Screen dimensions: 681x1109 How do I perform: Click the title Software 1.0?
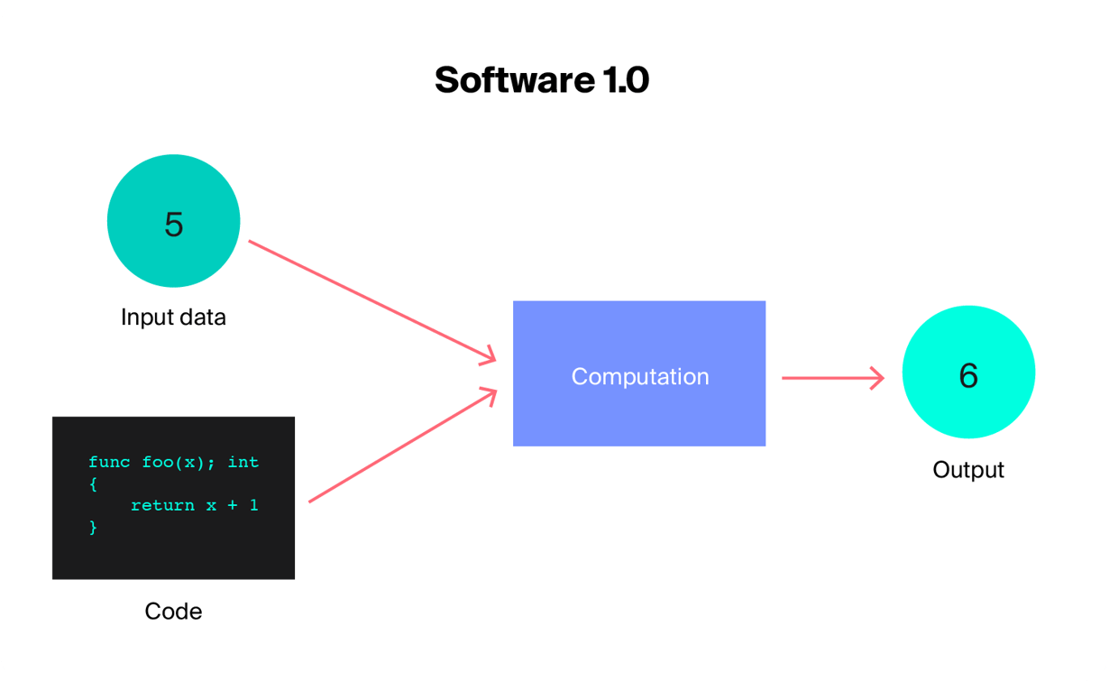coord(541,80)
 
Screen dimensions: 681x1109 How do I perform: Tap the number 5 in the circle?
coord(173,223)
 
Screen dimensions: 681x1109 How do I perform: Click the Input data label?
coord(173,317)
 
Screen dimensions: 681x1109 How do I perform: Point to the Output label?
coord(967,470)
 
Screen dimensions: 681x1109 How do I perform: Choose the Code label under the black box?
coord(173,612)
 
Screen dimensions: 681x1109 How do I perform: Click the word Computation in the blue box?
coord(639,376)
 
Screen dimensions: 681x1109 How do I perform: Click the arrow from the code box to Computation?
coord(402,446)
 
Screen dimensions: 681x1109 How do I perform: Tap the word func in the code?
coord(109,462)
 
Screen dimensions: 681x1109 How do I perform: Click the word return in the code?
coord(162,505)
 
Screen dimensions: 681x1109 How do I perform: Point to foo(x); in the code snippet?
coord(179,462)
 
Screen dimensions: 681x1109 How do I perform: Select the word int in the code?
coord(243,462)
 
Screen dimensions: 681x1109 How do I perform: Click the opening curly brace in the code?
coord(93,483)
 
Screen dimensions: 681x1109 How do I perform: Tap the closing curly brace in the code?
coord(93,527)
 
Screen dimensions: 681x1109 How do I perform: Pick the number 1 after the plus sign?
coord(253,505)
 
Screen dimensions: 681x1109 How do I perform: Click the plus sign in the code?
coord(233,505)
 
